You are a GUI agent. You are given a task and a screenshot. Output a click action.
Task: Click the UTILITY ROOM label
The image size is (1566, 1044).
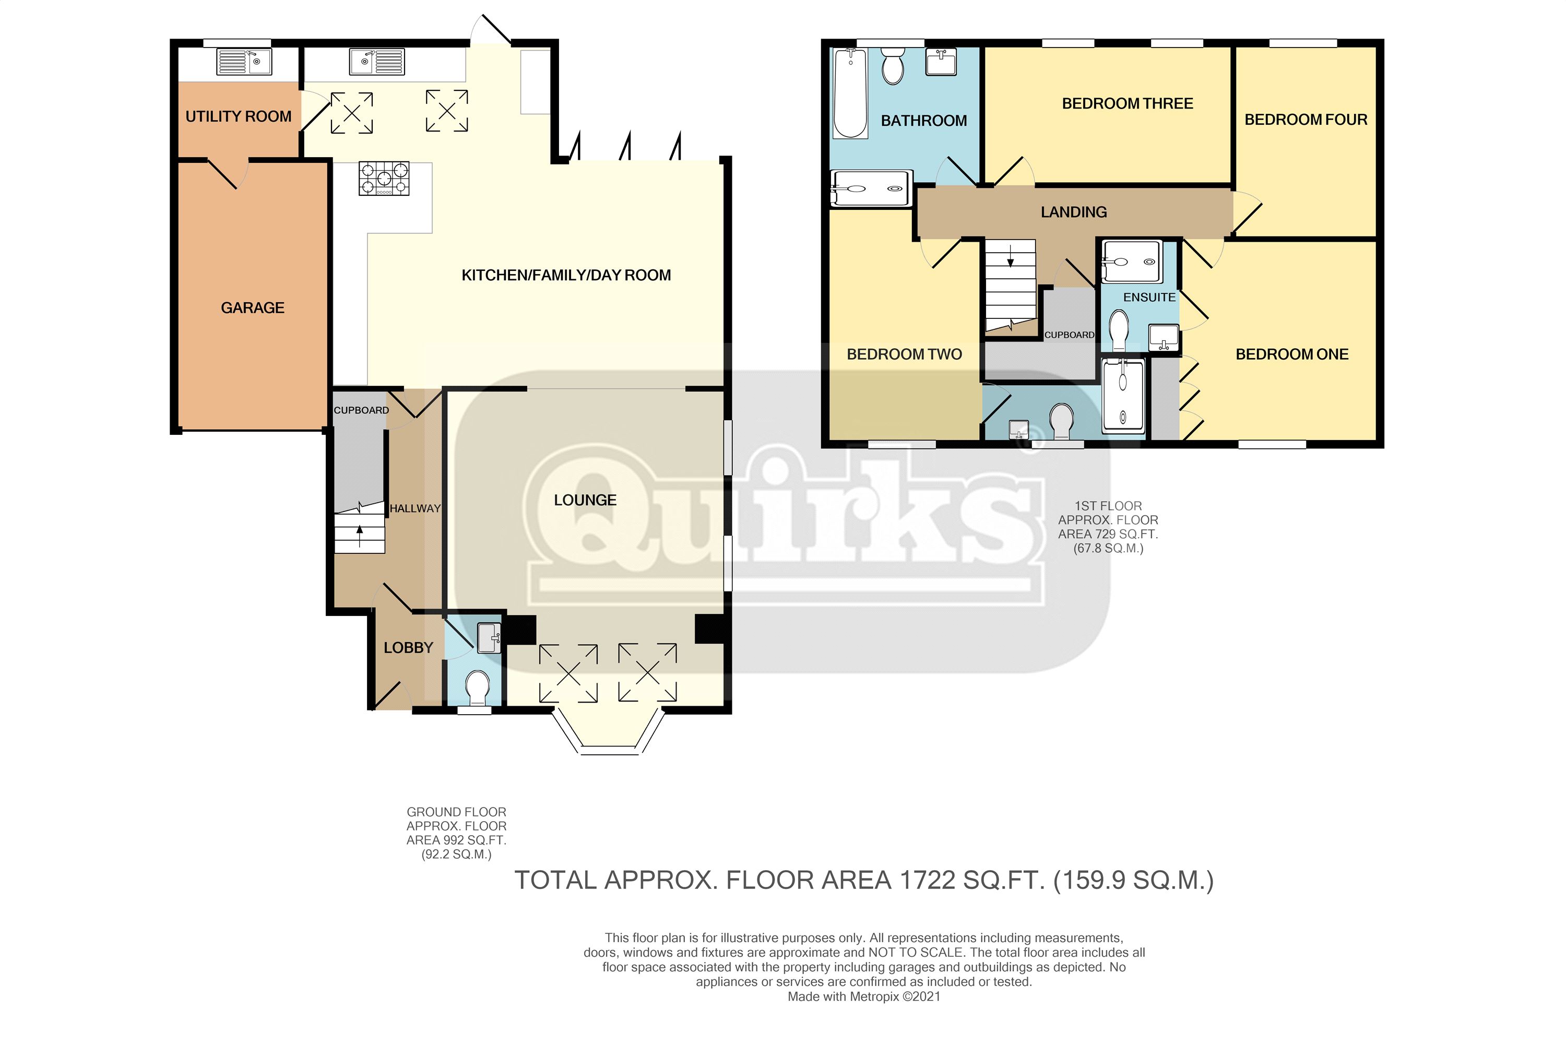pos(239,116)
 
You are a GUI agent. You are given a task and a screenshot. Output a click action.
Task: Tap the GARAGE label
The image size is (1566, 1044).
pos(252,307)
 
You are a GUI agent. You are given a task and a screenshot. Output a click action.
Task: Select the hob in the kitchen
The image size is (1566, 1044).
pos(384,179)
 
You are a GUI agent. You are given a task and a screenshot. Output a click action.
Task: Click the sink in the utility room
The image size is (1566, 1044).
pos(244,62)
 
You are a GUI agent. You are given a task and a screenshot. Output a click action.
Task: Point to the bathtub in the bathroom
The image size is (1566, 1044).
pos(850,93)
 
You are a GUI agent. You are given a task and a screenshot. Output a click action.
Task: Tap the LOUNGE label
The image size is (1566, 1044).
pos(585,500)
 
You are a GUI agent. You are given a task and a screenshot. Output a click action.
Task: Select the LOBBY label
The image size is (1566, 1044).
pos(408,647)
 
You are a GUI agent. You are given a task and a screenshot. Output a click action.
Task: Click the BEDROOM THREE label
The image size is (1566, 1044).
pos(1127,104)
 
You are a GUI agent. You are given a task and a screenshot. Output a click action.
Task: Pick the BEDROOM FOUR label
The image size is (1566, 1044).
pos(1306,120)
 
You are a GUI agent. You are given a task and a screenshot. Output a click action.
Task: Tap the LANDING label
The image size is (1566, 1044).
pos(1074,212)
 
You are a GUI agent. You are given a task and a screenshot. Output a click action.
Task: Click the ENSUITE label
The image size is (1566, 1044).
pos(1149,298)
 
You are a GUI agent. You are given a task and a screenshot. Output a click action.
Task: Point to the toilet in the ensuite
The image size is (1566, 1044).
pos(1119,330)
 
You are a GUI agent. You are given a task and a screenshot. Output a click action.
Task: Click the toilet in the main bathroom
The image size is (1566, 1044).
pos(892,67)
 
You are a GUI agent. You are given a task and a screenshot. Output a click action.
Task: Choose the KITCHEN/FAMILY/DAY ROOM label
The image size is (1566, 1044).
pos(566,276)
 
